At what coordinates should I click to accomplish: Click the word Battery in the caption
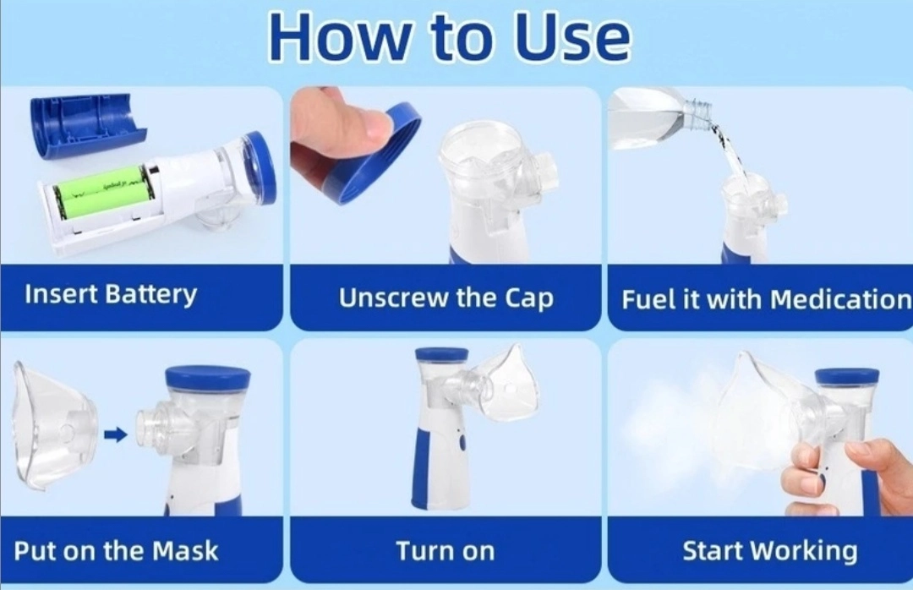click(x=150, y=295)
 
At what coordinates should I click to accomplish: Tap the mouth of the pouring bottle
click(x=698, y=112)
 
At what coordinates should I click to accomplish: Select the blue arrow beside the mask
click(x=115, y=434)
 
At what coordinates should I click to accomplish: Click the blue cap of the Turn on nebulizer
click(x=442, y=354)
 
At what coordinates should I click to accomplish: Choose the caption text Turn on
click(x=446, y=551)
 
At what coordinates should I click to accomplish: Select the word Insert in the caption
click(x=61, y=294)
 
